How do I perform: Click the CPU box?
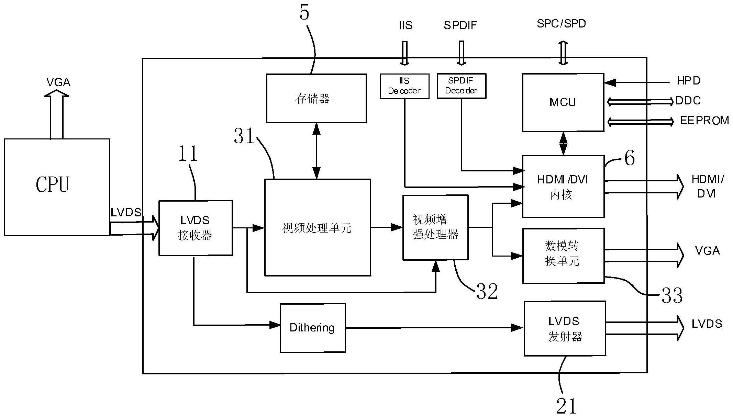click(57, 187)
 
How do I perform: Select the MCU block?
click(563, 102)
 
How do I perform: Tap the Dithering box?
click(312, 328)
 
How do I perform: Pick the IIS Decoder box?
click(404, 86)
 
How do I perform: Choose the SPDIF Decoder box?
click(461, 86)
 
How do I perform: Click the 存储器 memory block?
click(316, 98)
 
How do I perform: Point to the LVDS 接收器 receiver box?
click(195, 228)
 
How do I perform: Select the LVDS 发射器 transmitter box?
click(565, 328)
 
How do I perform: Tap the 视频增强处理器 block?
click(435, 227)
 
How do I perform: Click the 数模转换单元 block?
click(563, 256)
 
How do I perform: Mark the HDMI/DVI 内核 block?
click(563, 187)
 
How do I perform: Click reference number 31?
click(244, 136)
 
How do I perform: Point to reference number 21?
click(566, 406)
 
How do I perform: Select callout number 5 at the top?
click(304, 13)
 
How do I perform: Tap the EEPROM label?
click(704, 121)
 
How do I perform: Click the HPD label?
click(688, 81)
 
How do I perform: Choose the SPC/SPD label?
click(561, 24)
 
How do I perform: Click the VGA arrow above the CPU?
click(57, 113)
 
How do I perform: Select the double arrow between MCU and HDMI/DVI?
click(563, 144)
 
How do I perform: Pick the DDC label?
click(688, 101)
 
